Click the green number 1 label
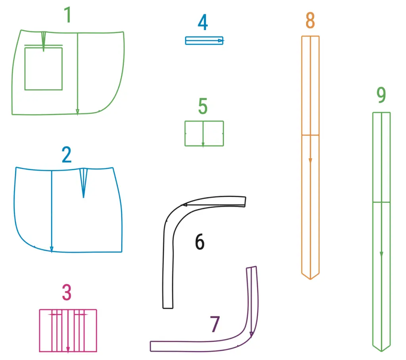[68, 15]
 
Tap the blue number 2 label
[67, 155]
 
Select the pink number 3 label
[67, 292]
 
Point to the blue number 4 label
[203, 22]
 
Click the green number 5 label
[203, 106]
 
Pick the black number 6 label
[200, 242]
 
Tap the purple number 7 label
[215, 324]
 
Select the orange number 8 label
[310, 20]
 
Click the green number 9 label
[381, 95]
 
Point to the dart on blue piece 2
[83, 183]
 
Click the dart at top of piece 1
[44, 41]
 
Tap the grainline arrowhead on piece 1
[77, 112]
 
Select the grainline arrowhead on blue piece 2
[52, 250]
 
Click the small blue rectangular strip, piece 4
[204, 41]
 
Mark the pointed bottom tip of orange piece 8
[310, 279]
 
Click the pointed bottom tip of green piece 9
[381, 351]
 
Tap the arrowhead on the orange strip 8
[310, 161]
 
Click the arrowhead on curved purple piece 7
[251, 335]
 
